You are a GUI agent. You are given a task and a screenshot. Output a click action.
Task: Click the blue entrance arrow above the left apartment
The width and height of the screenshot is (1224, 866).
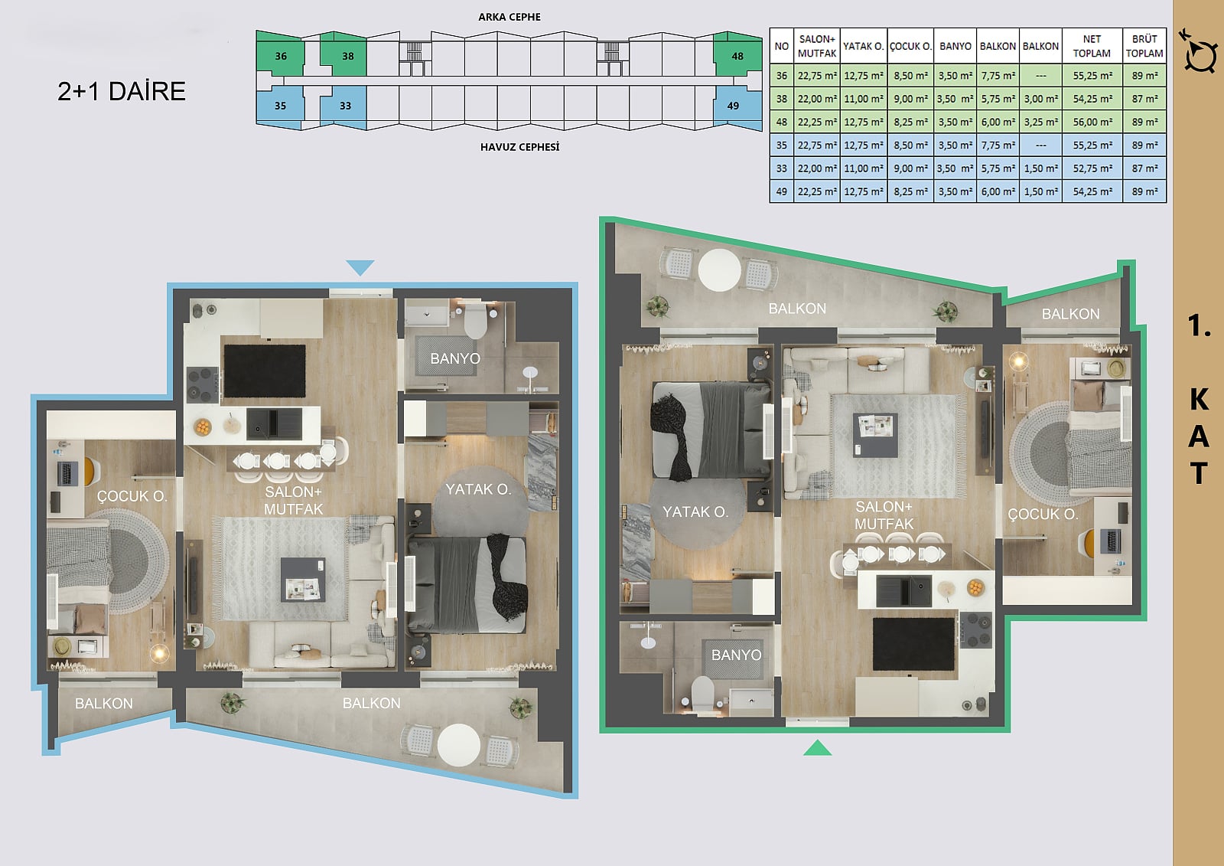pyautogui.click(x=360, y=267)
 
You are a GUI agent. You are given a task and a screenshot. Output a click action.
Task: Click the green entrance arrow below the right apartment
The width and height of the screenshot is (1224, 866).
pyautogui.click(x=818, y=748)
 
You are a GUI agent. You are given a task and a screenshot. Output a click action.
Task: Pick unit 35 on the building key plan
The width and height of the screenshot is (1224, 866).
pyautogui.click(x=280, y=106)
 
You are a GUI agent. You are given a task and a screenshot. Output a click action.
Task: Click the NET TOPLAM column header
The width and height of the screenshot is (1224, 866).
pyautogui.click(x=1092, y=47)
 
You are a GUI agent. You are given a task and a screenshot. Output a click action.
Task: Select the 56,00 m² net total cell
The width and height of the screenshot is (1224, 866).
pyautogui.click(x=1092, y=122)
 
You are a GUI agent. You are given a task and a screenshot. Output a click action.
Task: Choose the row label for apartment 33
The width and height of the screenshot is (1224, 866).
pyautogui.click(x=781, y=168)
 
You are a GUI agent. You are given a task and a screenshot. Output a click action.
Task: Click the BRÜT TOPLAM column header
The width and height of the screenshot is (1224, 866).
pyautogui.click(x=1144, y=47)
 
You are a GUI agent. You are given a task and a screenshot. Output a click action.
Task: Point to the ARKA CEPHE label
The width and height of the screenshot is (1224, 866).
pyautogui.click(x=509, y=17)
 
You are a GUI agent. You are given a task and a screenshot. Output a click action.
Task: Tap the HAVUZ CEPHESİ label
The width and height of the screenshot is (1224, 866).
pyautogui.click(x=519, y=147)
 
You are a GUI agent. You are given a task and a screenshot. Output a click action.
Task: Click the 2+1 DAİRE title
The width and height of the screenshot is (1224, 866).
pyautogui.click(x=122, y=91)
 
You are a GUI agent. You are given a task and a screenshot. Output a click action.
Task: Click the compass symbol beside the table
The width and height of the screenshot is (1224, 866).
pyautogui.click(x=1200, y=53)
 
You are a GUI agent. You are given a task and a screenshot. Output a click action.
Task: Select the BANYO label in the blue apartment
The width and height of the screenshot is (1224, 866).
pyautogui.click(x=455, y=358)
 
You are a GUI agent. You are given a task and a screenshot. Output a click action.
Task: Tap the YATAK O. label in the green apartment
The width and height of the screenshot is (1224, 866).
pyautogui.click(x=695, y=512)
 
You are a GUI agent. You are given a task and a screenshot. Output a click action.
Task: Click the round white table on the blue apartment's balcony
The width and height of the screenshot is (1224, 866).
pyautogui.click(x=459, y=745)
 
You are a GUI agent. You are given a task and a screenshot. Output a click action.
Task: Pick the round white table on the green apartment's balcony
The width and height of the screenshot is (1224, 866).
pyautogui.click(x=720, y=270)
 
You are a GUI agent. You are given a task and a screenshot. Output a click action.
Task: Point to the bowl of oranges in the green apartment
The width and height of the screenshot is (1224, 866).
pyautogui.click(x=975, y=588)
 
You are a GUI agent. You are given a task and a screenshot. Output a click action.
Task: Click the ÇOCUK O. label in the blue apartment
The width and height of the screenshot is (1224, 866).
pyautogui.click(x=132, y=496)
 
